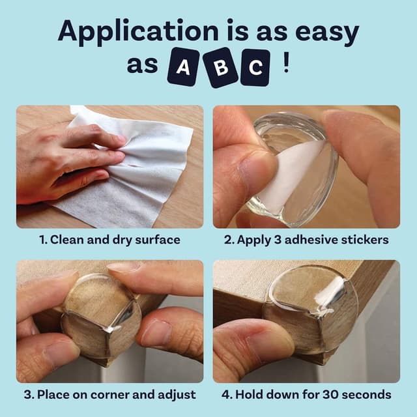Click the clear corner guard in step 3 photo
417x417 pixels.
[x=104, y=313]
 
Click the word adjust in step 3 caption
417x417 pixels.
[x=178, y=395]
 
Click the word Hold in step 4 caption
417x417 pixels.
[x=251, y=395]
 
